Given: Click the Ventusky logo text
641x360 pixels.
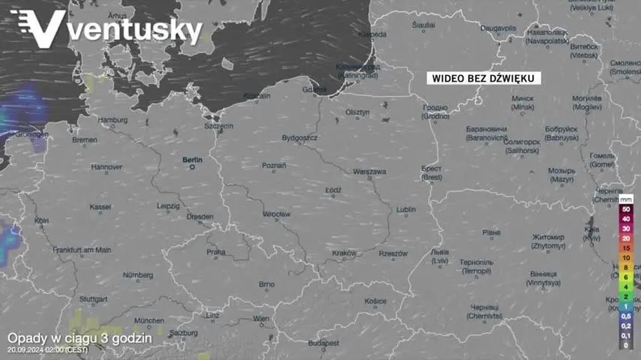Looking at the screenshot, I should pos(135,30).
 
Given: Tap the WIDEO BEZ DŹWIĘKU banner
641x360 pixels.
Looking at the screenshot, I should pos(483,78).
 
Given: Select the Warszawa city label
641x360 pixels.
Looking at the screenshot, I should pos(369,172).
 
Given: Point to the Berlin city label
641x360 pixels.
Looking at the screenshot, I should pos(192,160).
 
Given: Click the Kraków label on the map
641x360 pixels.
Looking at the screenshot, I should pos(344,253).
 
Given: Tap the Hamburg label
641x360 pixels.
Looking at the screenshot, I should pos(113,120).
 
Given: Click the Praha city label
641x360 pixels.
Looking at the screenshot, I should pos(216,252).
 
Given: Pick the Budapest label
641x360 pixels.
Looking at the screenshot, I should pos(324,343).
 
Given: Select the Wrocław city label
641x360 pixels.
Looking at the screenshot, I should pos(276,214).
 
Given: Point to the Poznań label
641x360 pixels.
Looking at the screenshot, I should pos(274,166).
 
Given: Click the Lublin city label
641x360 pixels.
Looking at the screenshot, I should pos(406,209).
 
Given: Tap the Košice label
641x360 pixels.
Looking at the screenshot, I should pos(376,301).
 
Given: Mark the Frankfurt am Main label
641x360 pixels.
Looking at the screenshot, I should pos(82,250).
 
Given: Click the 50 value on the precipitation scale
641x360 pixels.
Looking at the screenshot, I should pos(626,208).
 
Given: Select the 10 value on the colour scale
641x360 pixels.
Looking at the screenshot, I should pos(626,257).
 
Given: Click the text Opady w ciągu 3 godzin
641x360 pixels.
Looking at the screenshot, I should pos(79,337).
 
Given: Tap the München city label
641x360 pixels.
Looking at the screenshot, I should pos(149,321).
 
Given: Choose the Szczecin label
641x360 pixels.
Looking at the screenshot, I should pos(218,126).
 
